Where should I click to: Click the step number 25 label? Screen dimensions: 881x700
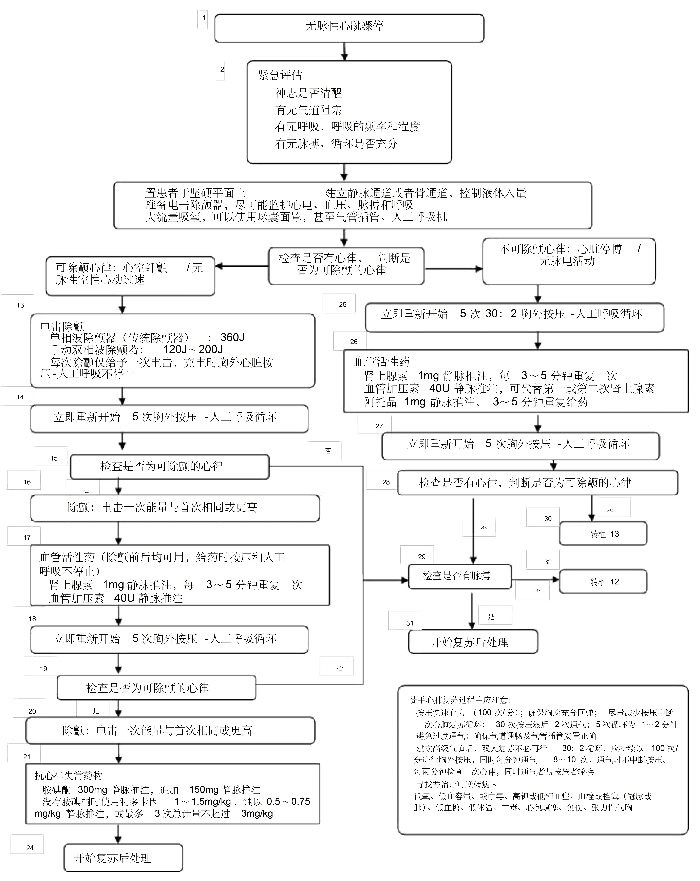click(x=342, y=304)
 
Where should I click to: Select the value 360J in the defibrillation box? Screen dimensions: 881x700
click(x=232, y=338)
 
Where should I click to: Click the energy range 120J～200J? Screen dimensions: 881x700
click(x=193, y=349)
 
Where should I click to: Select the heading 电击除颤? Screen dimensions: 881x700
click(x=62, y=326)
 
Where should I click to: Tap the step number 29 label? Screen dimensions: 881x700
click(x=422, y=557)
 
